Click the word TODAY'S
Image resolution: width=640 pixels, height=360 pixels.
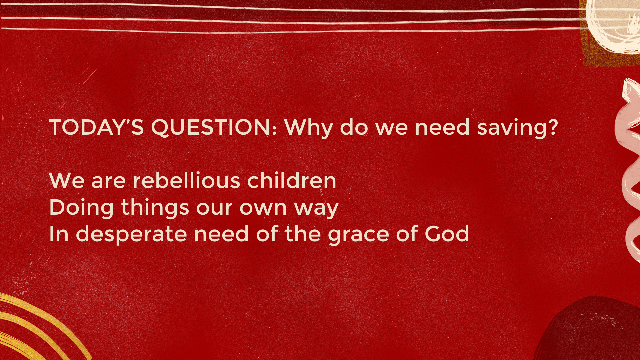tap(96, 127)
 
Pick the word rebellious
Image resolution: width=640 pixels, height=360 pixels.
tap(186, 180)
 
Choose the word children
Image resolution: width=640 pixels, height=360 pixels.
tap(292, 180)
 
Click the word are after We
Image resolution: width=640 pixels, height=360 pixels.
tap(108, 182)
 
